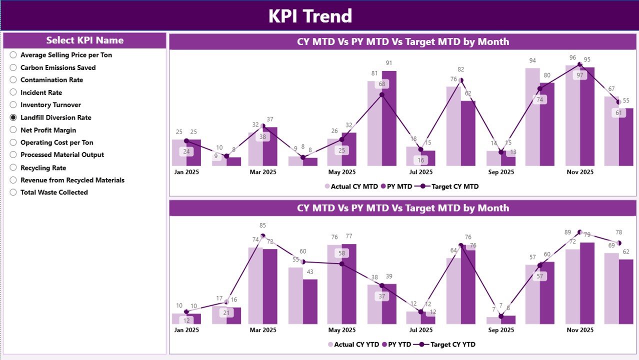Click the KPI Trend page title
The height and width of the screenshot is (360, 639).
pos(310,16)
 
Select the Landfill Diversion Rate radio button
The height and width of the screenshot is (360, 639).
pos(13,117)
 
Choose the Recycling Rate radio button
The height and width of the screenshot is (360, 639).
pos(13,168)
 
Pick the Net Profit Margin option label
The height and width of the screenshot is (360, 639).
pos(48,130)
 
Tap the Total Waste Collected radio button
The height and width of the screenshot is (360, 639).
pos(13,192)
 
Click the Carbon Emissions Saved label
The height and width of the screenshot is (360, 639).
pos(58,67)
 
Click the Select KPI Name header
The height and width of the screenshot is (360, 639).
pos(84,40)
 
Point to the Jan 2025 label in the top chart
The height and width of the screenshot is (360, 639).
pos(186,172)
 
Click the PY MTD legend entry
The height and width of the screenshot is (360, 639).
pos(397,186)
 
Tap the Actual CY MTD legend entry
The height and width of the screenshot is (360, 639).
pos(351,186)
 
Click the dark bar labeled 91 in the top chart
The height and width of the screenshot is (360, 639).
pos(388,120)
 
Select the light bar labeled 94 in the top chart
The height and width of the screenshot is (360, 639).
pos(532,117)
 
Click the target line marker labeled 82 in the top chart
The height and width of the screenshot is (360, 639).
pos(461,80)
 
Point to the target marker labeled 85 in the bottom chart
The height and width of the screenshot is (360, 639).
pos(263,235)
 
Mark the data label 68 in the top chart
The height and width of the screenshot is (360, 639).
pos(382,84)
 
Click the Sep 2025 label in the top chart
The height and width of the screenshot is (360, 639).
pos(500,172)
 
